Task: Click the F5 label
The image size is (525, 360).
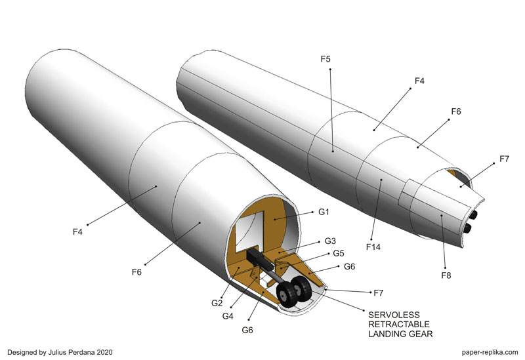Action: [x=325, y=59]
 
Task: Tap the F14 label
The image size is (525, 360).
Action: [x=373, y=247]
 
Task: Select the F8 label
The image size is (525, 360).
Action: [x=446, y=275]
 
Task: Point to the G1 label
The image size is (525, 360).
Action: [x=324, y=212]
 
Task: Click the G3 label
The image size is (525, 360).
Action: [x=330, y=241]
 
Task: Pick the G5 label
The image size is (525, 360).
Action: [x=339, y=253]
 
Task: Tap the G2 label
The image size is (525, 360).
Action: [x=217, y=303]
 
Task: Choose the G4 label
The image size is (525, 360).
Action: [x=228, y=316]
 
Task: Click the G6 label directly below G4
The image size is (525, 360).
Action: [x=247, y=330]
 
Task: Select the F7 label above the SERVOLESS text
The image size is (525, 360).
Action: [x=379, y=293]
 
